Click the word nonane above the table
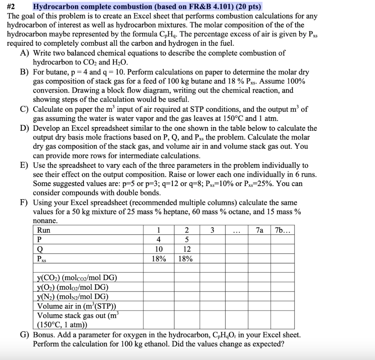pos(45,221)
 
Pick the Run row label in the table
pos(44,230)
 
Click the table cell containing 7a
pos(259,230)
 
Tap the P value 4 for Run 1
pos(158,240)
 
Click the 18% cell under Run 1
pos(158,259)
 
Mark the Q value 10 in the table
pos(158,249)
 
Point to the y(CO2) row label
pos(77,278)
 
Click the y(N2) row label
pos(73,297)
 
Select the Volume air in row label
pos(77,306)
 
